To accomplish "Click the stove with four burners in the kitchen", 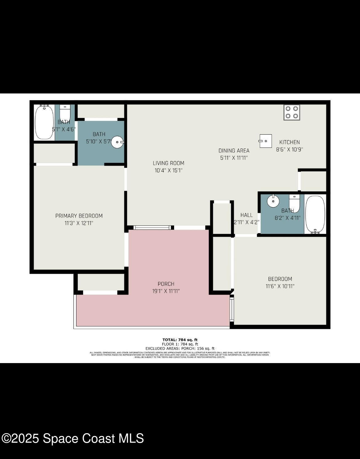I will coord(292,112).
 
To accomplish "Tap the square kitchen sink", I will coord(265,141).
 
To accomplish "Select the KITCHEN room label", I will coord(289,142).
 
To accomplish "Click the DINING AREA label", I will coord(234,151).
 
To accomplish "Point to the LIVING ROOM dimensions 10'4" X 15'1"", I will coord(169,170).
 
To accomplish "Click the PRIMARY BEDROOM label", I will coord(79,216).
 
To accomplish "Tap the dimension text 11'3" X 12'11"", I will coord(79,223).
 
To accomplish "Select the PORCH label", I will coord(166,284).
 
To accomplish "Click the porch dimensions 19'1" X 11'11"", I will coord(166,291).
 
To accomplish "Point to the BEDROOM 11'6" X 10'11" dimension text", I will coord(280,286).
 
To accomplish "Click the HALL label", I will coord(246,215).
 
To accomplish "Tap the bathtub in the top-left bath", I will coord(44,122).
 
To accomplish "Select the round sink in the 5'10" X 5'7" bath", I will coord(117,142).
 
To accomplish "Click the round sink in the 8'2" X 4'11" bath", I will coord(273,201).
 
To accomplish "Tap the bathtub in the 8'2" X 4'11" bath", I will coord(315,214).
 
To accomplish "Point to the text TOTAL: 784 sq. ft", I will coord(180,340).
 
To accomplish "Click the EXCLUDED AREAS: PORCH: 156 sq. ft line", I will coord(180,348).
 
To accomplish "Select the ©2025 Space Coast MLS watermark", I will coord(73,438).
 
